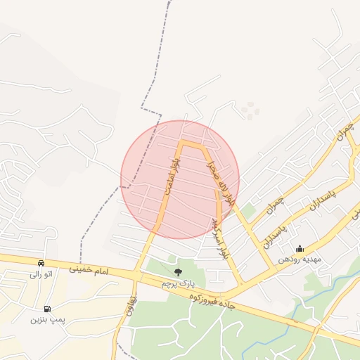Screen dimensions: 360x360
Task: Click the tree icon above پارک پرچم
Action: pyautogui.click(x=177, y=271)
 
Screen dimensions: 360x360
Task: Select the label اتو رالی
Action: pyautogui.click(x=41, y=274)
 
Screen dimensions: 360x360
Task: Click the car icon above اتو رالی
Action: pyautogui.click(x=41, y=263)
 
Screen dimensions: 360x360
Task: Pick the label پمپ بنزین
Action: pyautogui.click(x=47, y=320)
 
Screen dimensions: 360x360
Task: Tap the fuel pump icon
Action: pyautogui.click(x=47, y=309)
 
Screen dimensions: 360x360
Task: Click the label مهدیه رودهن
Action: pyautogui.click(x=299, y=259)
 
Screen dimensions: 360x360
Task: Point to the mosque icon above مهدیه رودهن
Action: pyautogui.click(x=300, y=248)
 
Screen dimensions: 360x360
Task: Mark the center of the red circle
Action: pyautogui.click(x=180, y=179)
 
